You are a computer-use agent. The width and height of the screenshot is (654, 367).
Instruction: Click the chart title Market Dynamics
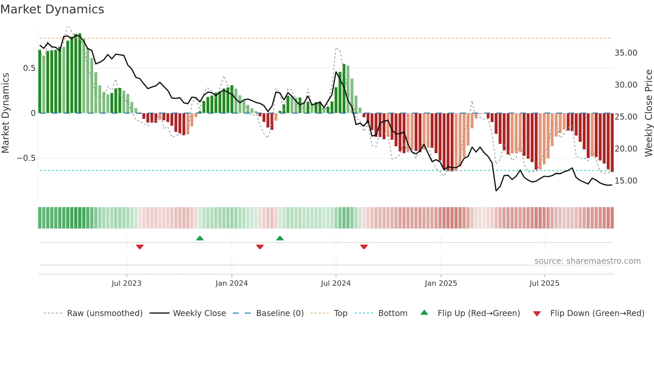click(x=52, y=9)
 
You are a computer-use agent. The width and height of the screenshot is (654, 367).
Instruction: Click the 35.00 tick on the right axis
click(x=626, y=53)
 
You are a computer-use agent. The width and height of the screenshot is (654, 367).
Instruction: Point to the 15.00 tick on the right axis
click(x=626, y=181)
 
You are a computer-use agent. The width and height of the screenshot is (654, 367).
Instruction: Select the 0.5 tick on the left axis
click(x=29, y=68)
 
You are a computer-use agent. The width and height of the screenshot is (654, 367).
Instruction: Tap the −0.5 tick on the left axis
click(x=26, y=158)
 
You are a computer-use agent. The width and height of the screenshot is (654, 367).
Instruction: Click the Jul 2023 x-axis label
click(x=126, y=283)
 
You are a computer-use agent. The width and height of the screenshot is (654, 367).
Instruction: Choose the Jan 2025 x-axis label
click(x=441, y=283)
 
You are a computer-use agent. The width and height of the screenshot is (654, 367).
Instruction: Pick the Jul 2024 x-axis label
click(x=336, y=283)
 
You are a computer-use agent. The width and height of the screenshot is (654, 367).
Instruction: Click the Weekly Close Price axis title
click(x=648, y=113)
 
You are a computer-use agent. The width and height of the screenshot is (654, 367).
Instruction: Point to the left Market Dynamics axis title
click(x=5, y=113)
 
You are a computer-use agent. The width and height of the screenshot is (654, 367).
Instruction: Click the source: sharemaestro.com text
click(x=587, y=261)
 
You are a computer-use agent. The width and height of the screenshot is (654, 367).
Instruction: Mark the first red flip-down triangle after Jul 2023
click(x=140, y=247)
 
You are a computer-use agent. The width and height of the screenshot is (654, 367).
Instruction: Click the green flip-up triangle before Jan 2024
click(x=200, y=238)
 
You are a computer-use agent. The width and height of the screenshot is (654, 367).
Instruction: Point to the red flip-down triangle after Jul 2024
click(x=364, y=247)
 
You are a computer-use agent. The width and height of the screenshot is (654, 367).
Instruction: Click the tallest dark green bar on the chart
click(x=80, y=73)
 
